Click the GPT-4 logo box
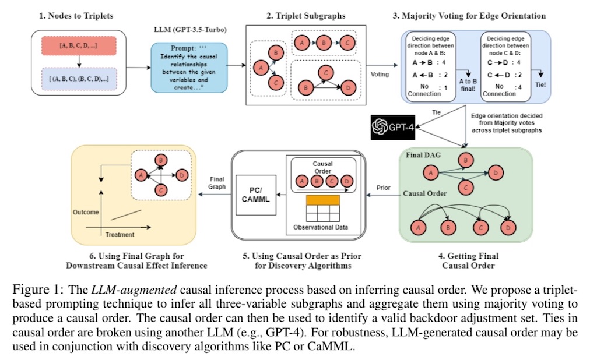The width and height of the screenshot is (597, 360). point(393,127)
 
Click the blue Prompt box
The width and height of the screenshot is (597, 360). point(189,68)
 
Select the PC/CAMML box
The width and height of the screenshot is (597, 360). point(256,195)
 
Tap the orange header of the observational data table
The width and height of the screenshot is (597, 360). point(323,200)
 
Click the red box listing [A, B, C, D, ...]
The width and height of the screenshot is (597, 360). point(79,45)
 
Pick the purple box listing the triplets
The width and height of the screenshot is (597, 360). point(79,79)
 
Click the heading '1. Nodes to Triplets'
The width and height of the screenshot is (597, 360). point(76,16)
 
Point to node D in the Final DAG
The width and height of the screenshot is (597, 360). point(496,172)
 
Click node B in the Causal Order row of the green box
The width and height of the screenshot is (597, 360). point(448,228)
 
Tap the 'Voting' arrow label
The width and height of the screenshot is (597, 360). point(380,75)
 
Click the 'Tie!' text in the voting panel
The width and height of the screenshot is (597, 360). point(540,85)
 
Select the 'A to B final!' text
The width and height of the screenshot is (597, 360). point(468,85)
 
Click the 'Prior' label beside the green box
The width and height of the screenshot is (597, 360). point(384,188)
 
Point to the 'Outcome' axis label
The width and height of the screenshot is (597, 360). point(86,212)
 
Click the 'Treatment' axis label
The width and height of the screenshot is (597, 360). point(120,234)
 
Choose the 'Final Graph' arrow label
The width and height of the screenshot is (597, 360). point(217,183)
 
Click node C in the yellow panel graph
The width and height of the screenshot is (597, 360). point(161,189)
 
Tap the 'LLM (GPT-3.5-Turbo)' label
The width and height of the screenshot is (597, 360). point(190,30)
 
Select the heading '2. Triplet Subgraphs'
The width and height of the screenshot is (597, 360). point(305,16)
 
